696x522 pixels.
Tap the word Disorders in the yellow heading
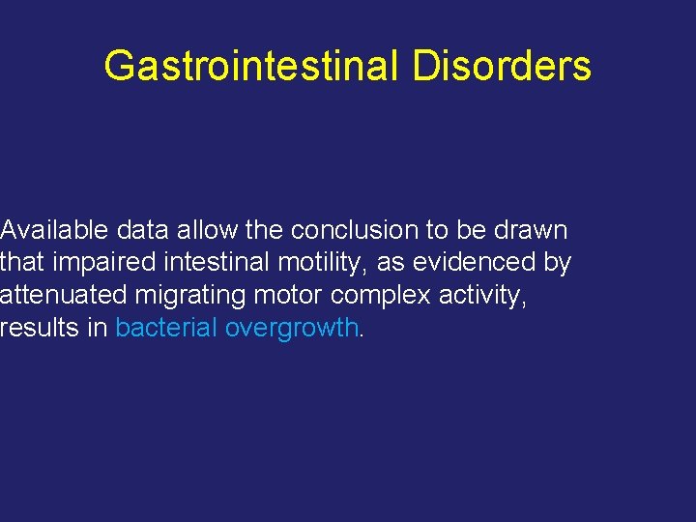(x=502, y=67)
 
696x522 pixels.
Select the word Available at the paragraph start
(x=55, y=230)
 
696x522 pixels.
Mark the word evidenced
(x=474, y=263)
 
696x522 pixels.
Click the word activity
(x=483, y=296)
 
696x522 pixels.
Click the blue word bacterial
(x=165, y=329)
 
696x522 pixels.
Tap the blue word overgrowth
(x=291, y=329)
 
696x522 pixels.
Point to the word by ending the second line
(x=558, y=263)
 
